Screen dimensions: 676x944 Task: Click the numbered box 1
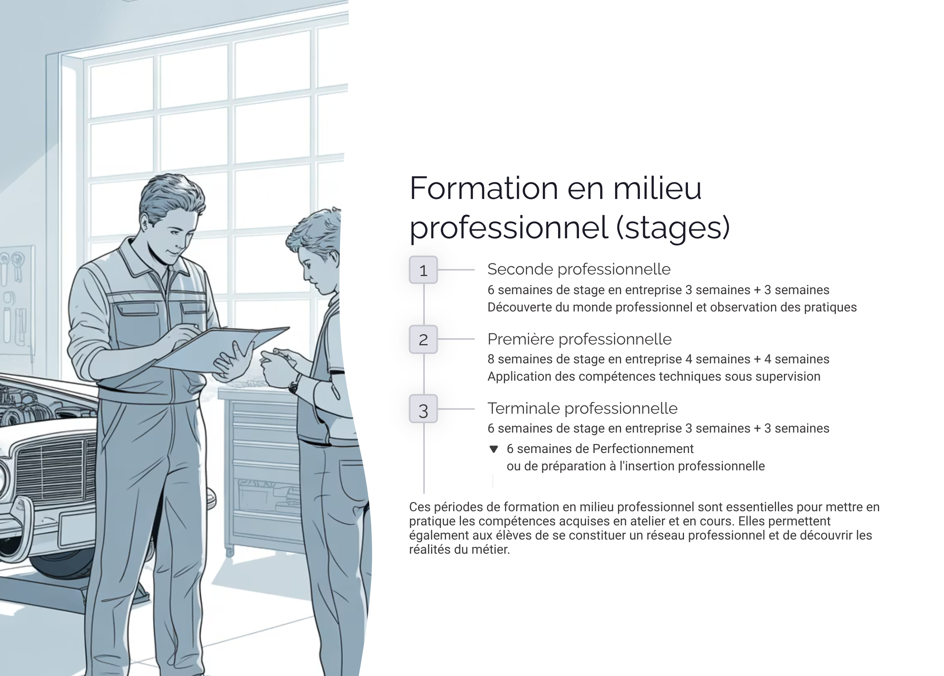(x=423, y=270)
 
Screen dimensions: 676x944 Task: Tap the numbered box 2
(x=423, y=340)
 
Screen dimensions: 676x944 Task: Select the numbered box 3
(x=423, y=409)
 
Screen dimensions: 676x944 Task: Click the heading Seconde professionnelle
(x=579, y=269)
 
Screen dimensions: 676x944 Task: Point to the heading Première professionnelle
(x=579, y=339)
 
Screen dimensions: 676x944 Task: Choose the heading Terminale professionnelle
(x=582, y=408)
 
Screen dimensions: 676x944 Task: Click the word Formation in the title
(x=483, y=188)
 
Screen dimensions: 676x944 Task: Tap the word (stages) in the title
(x=673, y=228)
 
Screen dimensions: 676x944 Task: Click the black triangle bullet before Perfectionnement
(x=494, y=449)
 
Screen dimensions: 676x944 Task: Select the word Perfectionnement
(x=643, y=449)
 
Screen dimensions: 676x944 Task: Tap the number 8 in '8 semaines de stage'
(x=491, y=359)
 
